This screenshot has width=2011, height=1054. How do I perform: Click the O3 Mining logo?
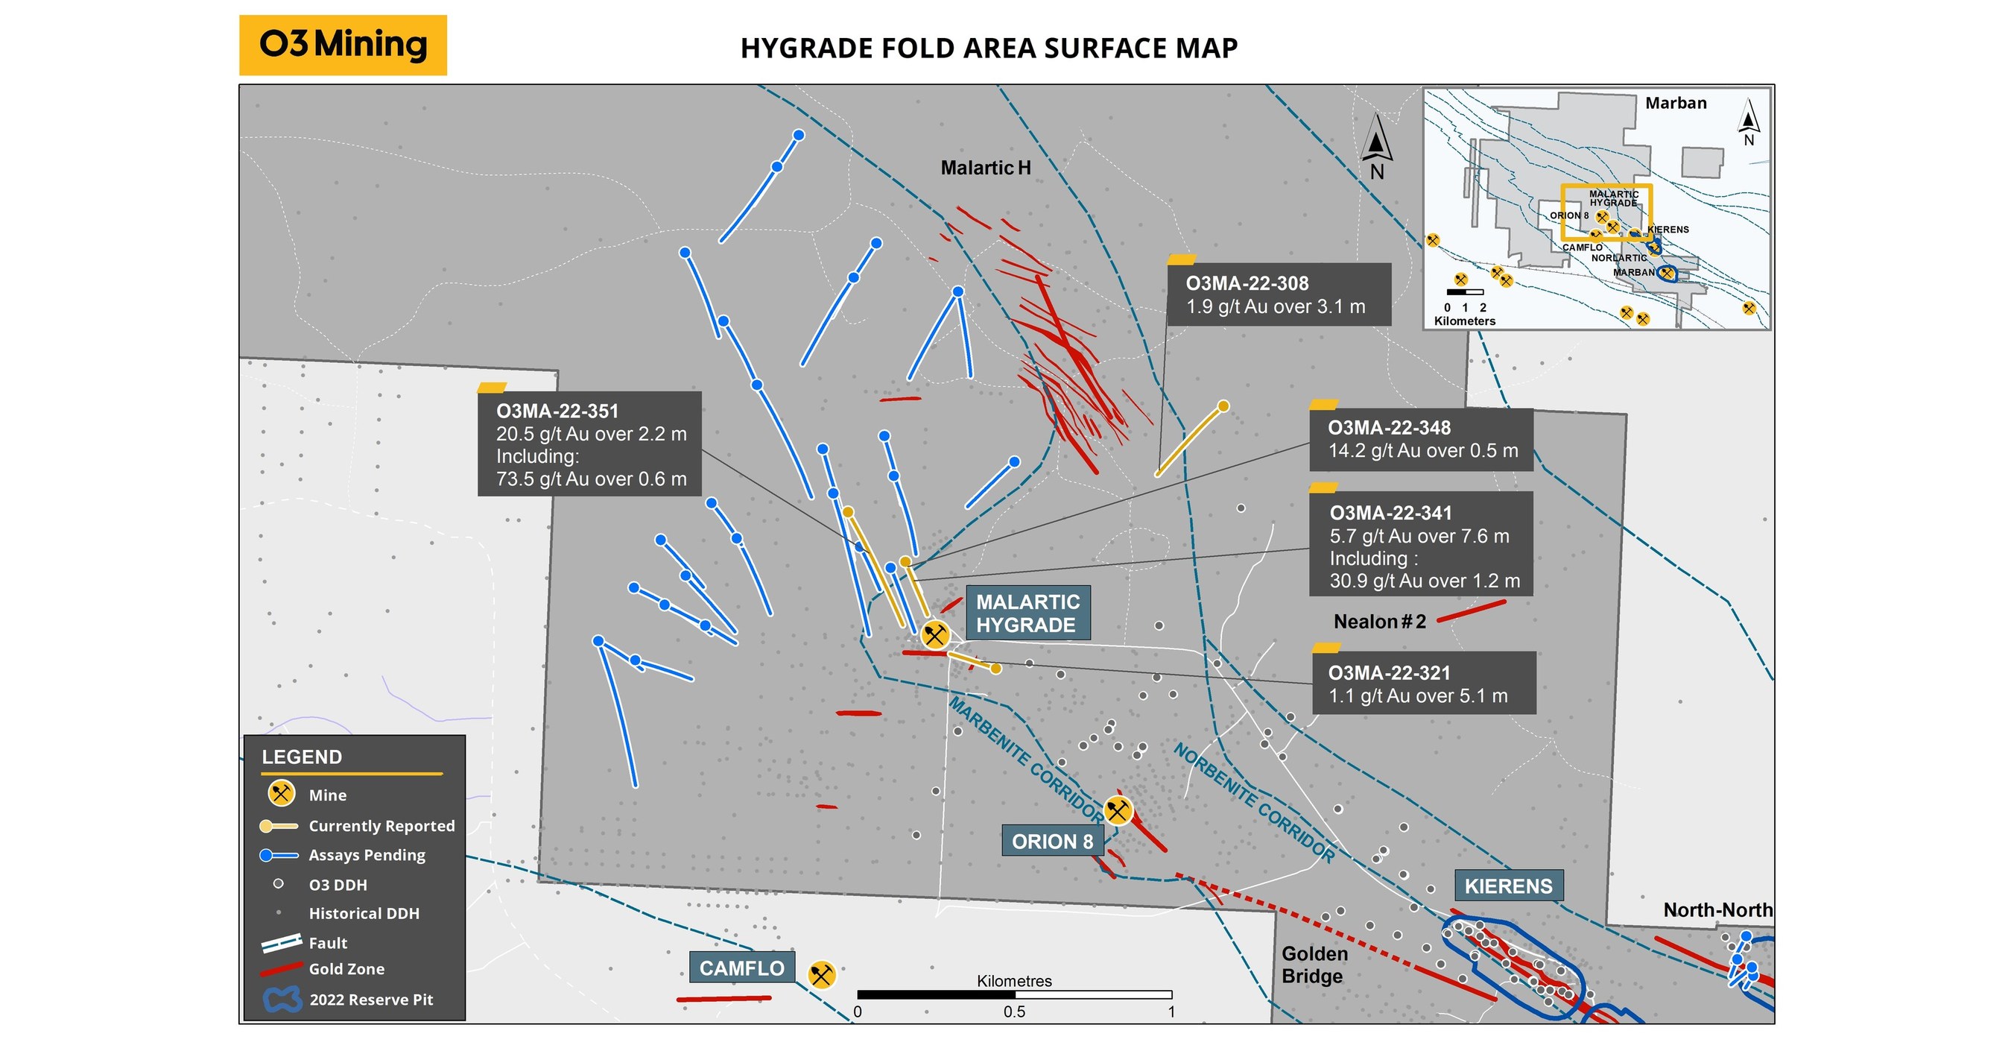[343, 45]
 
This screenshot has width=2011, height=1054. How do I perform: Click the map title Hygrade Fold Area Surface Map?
[988, 48]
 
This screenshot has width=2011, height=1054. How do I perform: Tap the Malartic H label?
[985, 168]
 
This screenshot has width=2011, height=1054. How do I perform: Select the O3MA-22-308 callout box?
[1278, 294]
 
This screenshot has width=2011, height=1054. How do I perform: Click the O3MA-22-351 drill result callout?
[589, 444]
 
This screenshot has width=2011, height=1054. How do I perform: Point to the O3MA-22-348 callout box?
[1421, 440]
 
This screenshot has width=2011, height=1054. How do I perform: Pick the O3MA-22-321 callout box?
[1423, 684]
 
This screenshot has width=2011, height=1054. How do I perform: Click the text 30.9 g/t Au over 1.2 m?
[1425, 581]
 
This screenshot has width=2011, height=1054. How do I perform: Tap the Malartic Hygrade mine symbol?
[934, 635]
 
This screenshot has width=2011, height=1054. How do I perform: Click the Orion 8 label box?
[1051, 842]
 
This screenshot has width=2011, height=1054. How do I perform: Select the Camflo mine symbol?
[820, 974]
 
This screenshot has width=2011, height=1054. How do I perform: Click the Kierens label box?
[1507, 886]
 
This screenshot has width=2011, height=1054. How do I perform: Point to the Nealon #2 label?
[1378, 622]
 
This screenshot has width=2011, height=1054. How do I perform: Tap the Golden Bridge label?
[1314, 965]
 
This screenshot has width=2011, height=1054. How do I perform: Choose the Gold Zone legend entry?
[346, 969]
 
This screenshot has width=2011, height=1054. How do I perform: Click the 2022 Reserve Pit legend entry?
[370, 1000]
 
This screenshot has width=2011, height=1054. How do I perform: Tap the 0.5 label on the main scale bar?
[1014, 1012]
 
